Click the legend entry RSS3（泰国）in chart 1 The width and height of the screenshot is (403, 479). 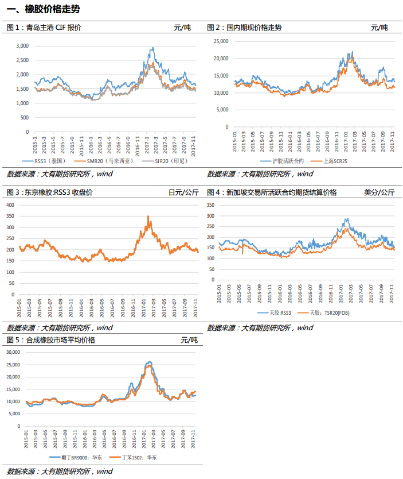pos(44,161)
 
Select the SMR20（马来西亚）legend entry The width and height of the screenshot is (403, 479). pos(104,161)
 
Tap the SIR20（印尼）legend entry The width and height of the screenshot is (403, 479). pos(165,161)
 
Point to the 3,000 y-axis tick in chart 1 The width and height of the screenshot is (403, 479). pos(22,46)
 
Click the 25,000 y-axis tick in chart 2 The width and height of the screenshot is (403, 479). pos(221,41)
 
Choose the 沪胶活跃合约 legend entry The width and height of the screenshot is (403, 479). pos(282,161)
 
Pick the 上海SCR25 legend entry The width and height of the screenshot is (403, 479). pos(329,161)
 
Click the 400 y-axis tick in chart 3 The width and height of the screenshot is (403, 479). pos(10,205)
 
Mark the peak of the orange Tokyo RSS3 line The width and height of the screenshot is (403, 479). pos(148,217)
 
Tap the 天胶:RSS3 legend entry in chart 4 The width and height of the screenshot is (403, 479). pos(275,313)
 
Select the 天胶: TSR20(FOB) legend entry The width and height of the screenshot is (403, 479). pos(323,313)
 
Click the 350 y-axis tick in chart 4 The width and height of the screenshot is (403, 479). pos(210,205)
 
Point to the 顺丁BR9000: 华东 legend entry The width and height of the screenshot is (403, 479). pos(76,457)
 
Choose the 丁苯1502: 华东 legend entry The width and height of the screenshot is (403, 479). pos(133,457)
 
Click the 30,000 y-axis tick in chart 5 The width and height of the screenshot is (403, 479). pos(13,352)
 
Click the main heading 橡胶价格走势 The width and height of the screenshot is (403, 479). pos(52,9)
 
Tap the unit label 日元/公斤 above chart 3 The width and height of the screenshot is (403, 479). pos(183,192)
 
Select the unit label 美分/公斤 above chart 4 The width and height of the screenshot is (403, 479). pos(379,192)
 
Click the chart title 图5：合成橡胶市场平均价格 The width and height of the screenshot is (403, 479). pos(51,340)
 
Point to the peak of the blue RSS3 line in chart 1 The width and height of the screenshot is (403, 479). pos(153,48)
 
